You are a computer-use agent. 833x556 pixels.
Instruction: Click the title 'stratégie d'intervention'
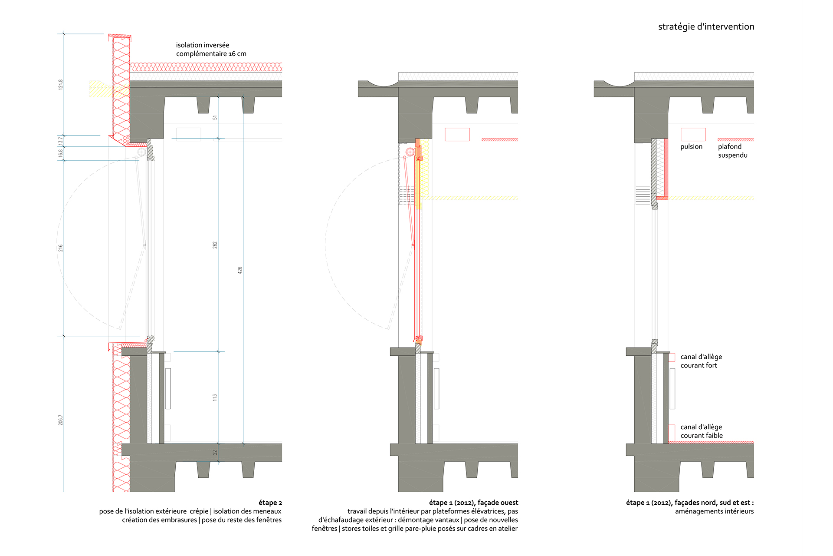(706, 27)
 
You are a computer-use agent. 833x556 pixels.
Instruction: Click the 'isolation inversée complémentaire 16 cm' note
(211, 50)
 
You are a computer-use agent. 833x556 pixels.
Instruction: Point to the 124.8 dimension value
(61, 85)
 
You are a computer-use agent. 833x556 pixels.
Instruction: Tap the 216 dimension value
(61, 248)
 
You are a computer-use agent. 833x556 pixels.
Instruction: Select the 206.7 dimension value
(61, 420)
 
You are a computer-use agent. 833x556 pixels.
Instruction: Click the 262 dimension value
(215, 245)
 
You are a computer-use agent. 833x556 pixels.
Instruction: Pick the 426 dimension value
(240, 270)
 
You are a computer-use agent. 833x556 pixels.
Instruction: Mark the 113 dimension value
(215, 397)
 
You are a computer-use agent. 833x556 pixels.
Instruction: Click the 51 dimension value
(215, 118)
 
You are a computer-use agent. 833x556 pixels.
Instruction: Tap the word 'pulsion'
(691, 147)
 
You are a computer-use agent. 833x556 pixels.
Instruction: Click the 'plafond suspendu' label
(732, 151)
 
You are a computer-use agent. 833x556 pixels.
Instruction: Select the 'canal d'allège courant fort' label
(701, 361)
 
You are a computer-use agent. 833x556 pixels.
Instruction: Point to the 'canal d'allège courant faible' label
(701, 431)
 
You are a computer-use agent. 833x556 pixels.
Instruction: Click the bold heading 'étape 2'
(270, 503)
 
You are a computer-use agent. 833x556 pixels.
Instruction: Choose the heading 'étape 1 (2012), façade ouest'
(473, 503)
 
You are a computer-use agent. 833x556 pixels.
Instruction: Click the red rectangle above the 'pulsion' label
(693, 134)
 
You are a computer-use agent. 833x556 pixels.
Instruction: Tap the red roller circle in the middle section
(410, 152)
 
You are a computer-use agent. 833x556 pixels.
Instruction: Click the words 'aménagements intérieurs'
(714, 511)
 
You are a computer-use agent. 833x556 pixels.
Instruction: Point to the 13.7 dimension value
(61, 141)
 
